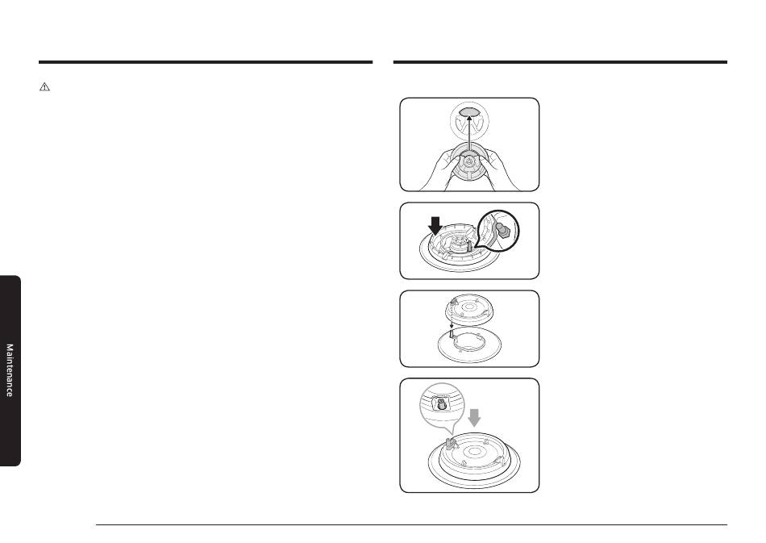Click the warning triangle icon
coord(44,87)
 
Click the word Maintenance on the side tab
coord(10,370)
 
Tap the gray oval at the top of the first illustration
coord(469,111)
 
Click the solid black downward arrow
coord(435,226)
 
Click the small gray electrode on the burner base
coord(469,244)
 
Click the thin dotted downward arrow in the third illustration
coord(452,318)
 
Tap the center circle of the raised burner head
coord(469,307)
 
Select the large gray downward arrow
coord(474,418)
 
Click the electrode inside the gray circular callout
coord(442,403)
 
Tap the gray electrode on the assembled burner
coord(452,443)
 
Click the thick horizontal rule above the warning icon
coord(206,62)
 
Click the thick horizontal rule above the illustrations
coord(560,62)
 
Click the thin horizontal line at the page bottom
coord(411,525)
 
